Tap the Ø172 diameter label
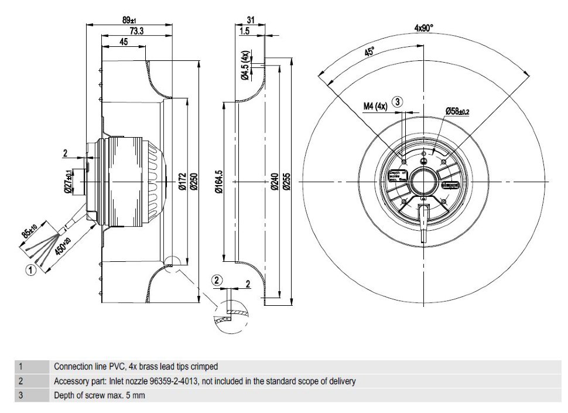point(182,182)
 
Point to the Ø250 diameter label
point(193,182)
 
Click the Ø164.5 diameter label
point(219,182)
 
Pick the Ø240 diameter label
point(275,182)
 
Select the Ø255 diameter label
point(286,182)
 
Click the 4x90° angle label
point(423,28)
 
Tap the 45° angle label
point(369,53)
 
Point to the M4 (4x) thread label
point(375,105)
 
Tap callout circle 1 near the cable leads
point(31,269)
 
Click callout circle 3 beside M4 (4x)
point(398,102)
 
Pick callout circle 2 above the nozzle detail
point(217,280)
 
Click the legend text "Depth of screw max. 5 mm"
point(100,395)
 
